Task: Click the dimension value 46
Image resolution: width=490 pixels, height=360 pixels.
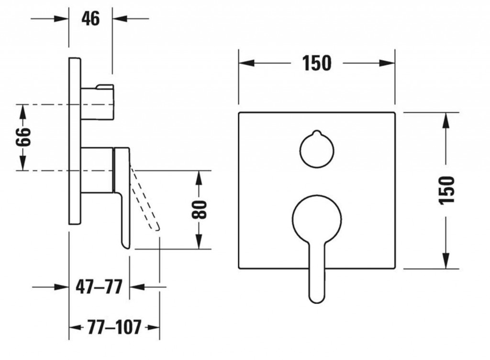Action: pyautogui.click(x=90, y=19)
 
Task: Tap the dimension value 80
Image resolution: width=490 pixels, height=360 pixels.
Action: pyautogui.click(x=200, y=209)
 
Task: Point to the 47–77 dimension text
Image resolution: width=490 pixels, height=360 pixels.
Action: pyautogui.click(x=99, y=287)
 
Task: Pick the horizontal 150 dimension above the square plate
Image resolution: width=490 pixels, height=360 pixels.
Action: pyautogui.click(x=317, y=63)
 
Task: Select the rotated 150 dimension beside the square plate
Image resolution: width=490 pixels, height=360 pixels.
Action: pyautogui.click(x=446, y=190)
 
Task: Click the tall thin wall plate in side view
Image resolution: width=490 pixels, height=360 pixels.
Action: pyautogui.click(x=75, y=141)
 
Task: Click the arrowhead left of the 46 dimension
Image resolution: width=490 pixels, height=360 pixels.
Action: pyautogui.click(x=62, y=19)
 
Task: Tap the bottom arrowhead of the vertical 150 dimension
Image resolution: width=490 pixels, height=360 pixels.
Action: pyautogui.click(x=445, y=262)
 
